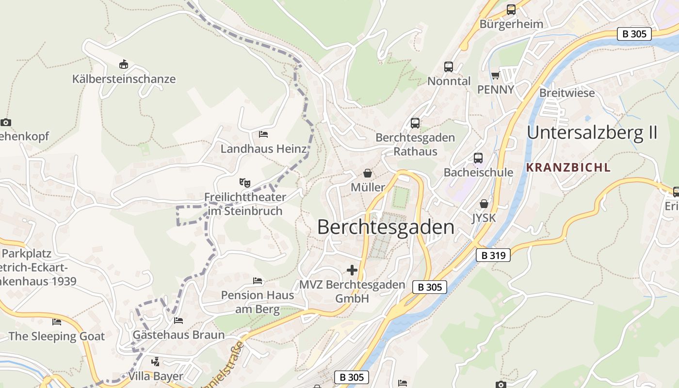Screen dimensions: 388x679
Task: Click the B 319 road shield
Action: tap(493, 255)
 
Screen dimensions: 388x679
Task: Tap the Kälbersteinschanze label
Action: tap(124, 79)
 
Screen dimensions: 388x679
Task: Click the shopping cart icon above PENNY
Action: tap(495, 75)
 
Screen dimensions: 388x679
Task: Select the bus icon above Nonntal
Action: tap(449, 67)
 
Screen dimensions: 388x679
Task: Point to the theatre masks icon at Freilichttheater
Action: tap(245, 183)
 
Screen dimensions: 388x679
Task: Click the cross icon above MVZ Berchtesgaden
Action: tap(352, 270)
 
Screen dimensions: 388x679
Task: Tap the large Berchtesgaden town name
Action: tap(386, 227)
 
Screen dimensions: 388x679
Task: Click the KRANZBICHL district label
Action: tap(568, 168)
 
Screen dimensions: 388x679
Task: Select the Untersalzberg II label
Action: tap(592, 132)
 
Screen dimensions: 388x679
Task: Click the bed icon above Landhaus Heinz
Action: tap(263, 134)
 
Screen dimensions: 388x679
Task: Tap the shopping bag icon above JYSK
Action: tap(484, 204)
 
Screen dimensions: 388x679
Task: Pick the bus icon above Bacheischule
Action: tap(478, 158)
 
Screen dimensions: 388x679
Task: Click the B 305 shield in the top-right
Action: tap(634, 34)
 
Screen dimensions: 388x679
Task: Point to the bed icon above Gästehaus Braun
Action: tap(178, 321)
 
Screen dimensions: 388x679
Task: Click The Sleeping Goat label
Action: tap(56, 336)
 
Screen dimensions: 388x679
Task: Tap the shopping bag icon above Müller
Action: tap(368, 173)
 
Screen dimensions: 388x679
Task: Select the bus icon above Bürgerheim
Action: tap(511, 9)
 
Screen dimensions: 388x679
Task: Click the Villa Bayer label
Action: tap(156, 376)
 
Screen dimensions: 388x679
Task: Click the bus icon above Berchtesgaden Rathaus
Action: tap(415, 123)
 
